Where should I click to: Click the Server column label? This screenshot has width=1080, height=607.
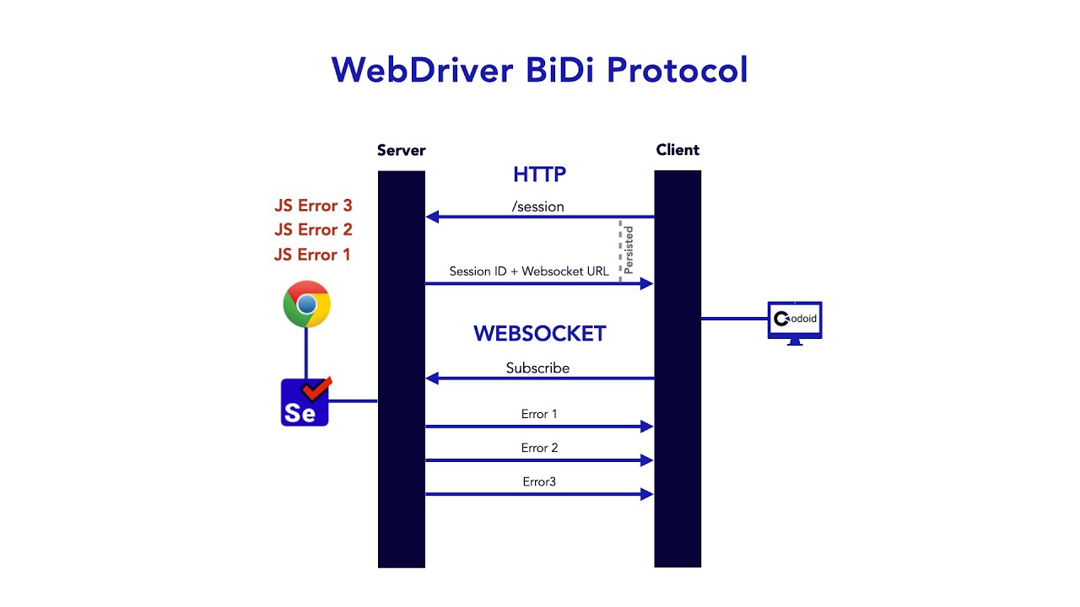coord(401,151)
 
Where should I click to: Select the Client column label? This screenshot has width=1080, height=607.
coord(678,150)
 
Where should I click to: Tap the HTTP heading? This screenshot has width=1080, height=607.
coord(539,175)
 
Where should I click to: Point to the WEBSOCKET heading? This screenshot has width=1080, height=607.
coord(539,334)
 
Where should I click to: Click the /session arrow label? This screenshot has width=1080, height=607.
coord(537,207)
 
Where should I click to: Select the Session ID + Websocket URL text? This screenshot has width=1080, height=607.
coord(529,271)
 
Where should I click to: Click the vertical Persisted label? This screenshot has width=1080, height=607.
coord(629,249)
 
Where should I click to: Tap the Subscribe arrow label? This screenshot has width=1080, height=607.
coord(537,368)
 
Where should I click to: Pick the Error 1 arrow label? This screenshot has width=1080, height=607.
coord(539,414)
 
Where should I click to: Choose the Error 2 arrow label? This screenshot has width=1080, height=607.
coord(539,448)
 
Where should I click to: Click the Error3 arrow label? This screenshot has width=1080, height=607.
coord(539,481)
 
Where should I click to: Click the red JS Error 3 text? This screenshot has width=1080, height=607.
coord(313,206)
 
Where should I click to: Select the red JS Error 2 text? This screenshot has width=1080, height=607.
coord(313,230)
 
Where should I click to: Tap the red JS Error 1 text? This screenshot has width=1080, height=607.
coord(312,255)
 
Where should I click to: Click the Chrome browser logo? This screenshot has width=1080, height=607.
coord(306,303)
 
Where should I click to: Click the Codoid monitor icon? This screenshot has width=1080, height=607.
coord(795,321)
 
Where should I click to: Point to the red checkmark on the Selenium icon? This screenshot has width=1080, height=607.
coord(317,389)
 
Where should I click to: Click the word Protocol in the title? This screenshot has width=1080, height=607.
coord(677,69)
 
